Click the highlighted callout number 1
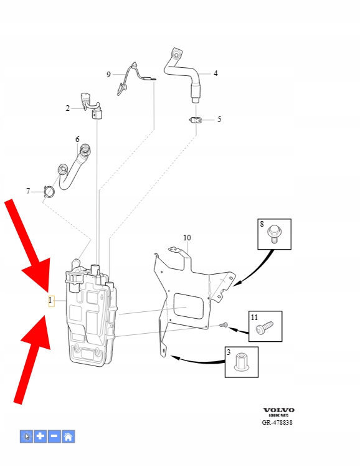coord(50,300)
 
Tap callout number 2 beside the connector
coord(68,108)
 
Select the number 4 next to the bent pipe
coord(216,73)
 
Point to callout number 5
coord(219,120)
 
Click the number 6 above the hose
coord(77,139)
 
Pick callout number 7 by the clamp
coord(28,191)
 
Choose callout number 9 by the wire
coord(108,74)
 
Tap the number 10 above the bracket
coord(187,238)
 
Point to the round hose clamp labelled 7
coord(49,192)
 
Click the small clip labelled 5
coord(196,120)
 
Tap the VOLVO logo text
coord(278,410)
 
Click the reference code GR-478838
coord(277,422)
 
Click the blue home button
coord(69,436)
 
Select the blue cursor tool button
coord(27,436)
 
